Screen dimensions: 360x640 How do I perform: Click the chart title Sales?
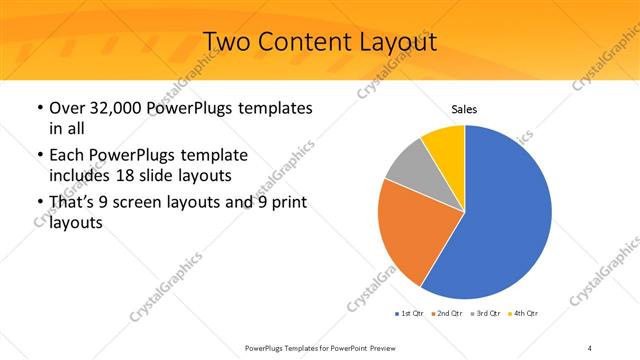[465, 108]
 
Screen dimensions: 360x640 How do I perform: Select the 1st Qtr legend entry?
[411, 314]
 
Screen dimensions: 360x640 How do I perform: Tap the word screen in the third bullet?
[151, 203]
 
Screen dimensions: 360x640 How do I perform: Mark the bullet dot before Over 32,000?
[38, 108]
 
